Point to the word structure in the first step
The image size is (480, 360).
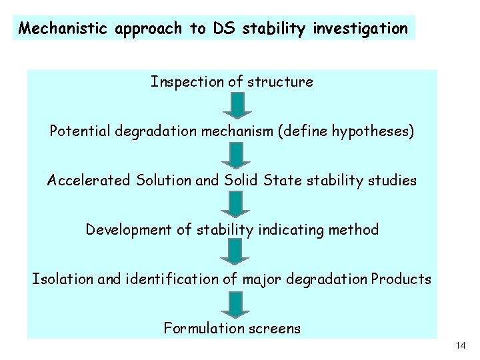pyautogui.click(x=280, y=82)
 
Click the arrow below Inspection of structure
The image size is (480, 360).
pyautogui.click(x=235, y=105)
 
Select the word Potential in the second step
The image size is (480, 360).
pyautogui.click(x=79, y=131)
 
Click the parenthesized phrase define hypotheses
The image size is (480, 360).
pyautogui.click(x=351, y=131)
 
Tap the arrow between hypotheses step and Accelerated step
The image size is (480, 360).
pyautogui.click(x=235, y=155)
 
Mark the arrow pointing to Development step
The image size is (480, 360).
pyautogui.click(x=235, y=204)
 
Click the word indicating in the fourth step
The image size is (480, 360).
pyautogui.click(x=296, y=230)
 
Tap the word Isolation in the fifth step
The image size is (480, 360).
pyautogui.click(x=62, y=279)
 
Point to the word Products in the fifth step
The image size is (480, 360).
pyautogui.click(x=401, y=279)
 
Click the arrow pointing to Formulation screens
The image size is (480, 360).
pyautogui.click(x=235, y=303)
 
